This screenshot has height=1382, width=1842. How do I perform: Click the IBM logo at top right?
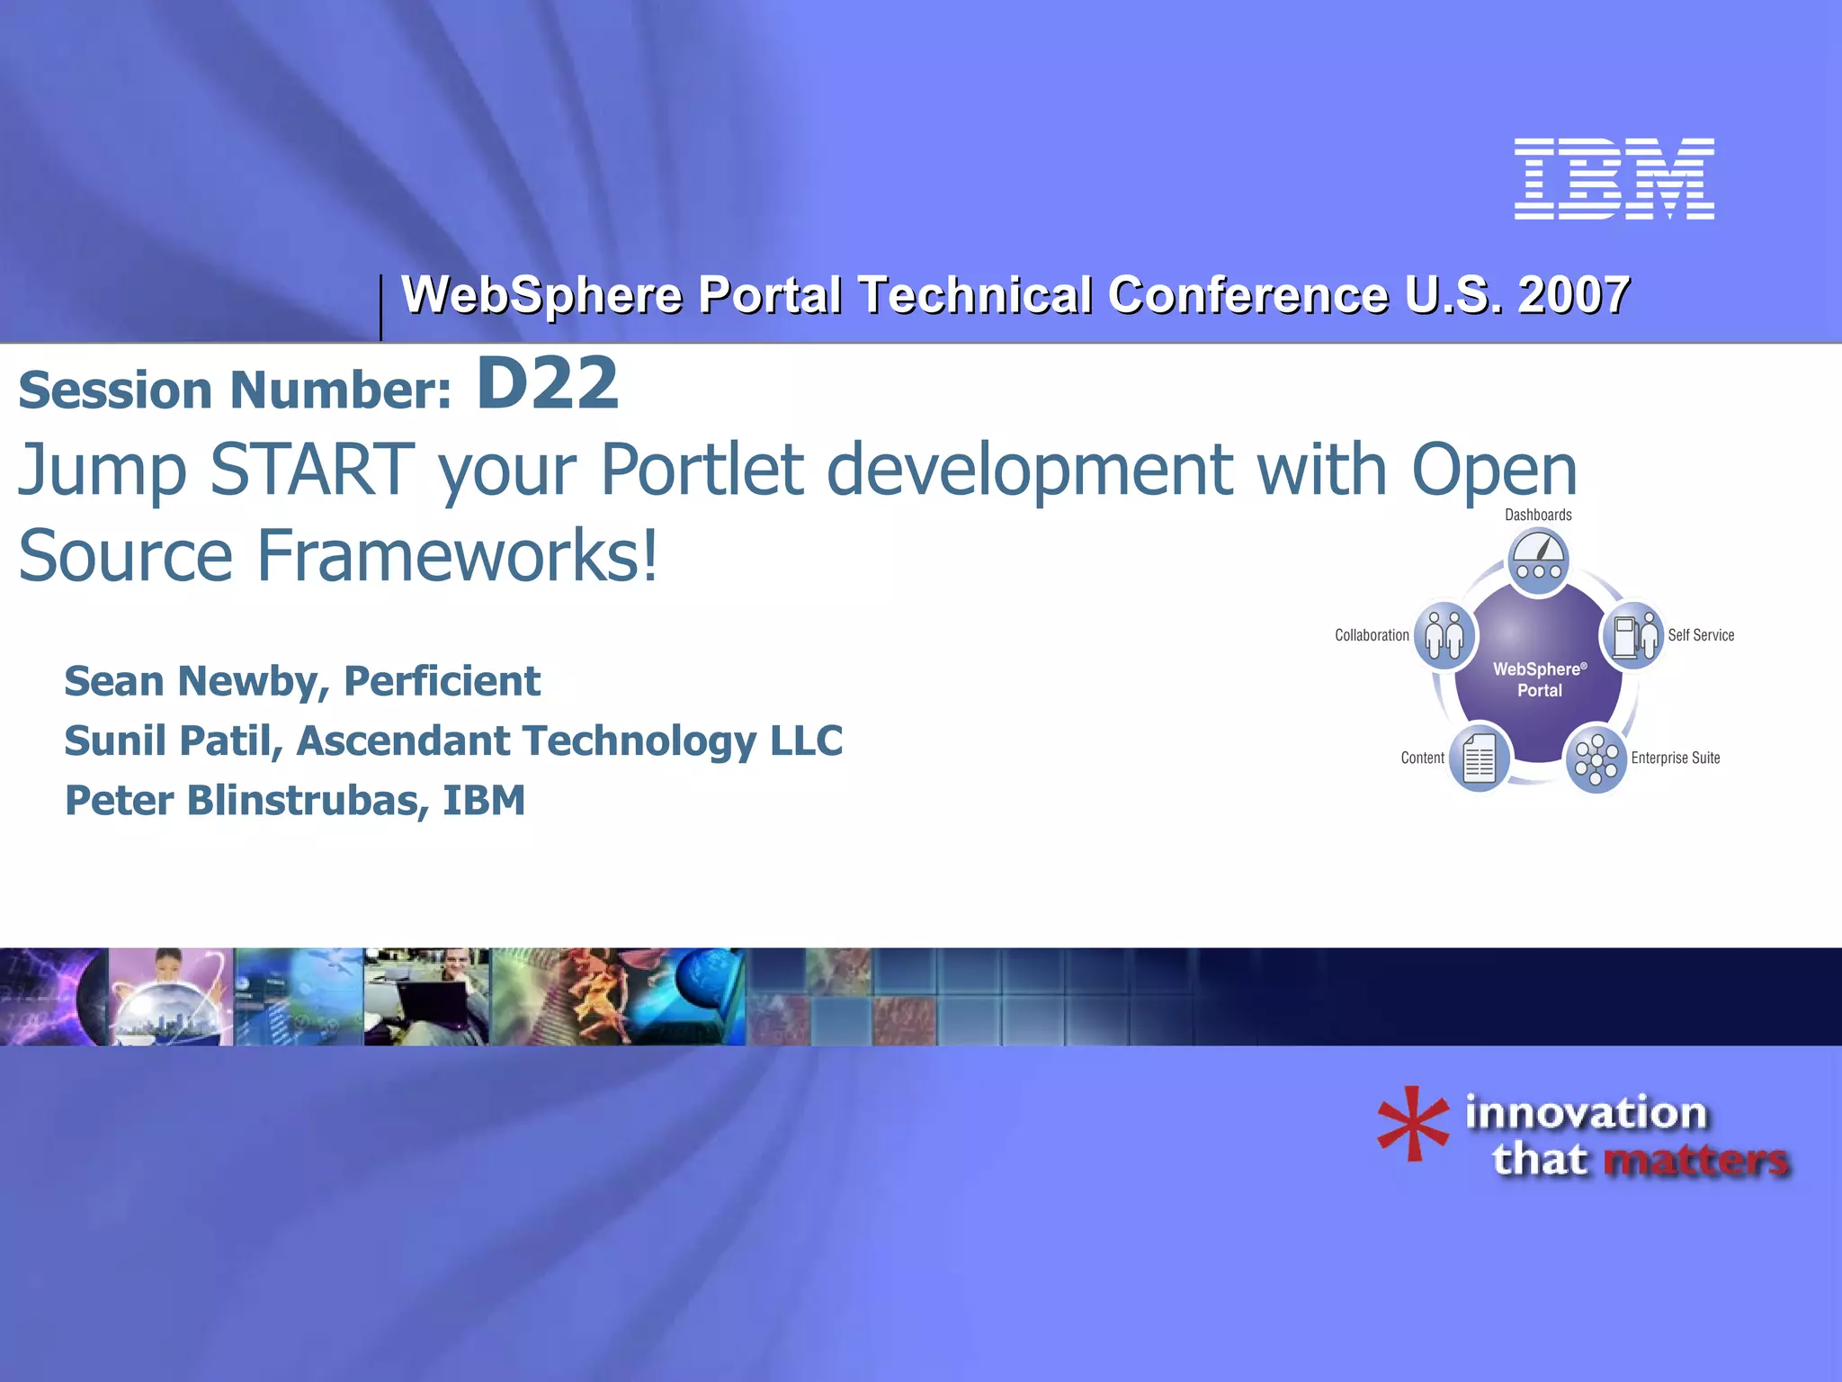tap(1614, 178)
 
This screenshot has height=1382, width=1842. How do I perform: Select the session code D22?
tap(547, 384)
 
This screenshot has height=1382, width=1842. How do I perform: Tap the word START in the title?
tap(311, 469)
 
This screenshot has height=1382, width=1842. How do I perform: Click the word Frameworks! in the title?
tap(457, 555)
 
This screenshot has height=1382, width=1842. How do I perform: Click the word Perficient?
tap(442, 681)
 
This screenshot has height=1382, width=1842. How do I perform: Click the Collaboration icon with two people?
tap(1444, 635)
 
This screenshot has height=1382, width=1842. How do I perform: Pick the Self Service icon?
tap(1633, 635)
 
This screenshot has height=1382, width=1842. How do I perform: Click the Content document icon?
tap(1479, 758)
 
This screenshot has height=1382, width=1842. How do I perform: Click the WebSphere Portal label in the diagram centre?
tap(1539, 679)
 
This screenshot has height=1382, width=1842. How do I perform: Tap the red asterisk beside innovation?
tap(1412, 1125)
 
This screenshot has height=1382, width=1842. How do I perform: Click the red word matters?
tap(1695, 1160)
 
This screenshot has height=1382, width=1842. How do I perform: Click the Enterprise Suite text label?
tap(1675, 758)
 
